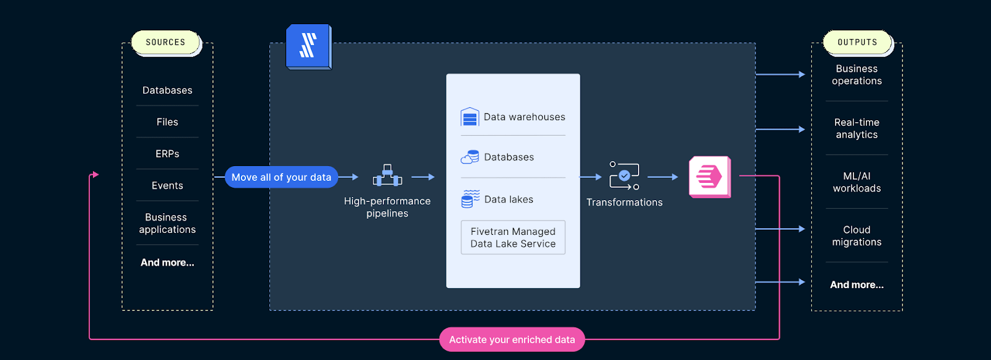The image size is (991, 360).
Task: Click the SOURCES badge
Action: pos(165,42)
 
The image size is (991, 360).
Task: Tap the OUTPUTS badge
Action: pos(857,42)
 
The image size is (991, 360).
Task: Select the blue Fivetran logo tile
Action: pos(308,46)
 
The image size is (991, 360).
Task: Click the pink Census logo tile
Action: pos(710,177)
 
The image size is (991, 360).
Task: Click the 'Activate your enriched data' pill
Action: pos(512,340)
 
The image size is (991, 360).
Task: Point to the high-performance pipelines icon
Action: pos(387,176)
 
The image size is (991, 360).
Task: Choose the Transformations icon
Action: pos(624,176)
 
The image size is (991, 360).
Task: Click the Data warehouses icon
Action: pos(470,116)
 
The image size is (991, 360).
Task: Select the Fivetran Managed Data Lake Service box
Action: pos(513,237)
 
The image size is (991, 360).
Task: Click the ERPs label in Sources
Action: pos(167,154)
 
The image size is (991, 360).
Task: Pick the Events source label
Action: pos(167,185)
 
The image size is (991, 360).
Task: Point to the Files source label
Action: pos(167,122)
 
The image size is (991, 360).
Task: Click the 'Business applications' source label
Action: pos(167,223)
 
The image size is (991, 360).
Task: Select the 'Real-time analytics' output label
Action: pos(857,128)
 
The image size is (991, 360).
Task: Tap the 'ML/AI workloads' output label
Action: pos(857,182)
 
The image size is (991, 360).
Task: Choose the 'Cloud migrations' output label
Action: pos(857,235)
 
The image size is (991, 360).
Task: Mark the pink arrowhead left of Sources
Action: pos(95,175)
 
